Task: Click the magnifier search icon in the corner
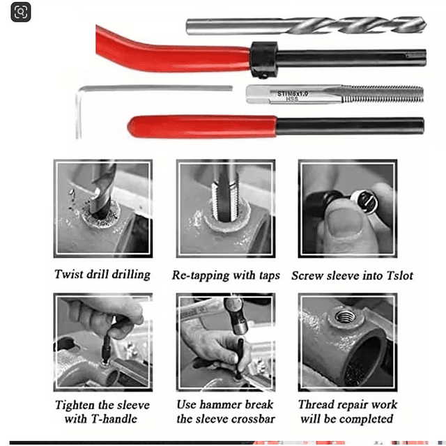[x=21, y=12]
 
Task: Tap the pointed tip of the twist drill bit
[x=426, y=25]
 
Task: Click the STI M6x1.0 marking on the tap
[x=293, y=93]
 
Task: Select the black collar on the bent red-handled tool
[x=263, y=60]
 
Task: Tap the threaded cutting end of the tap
[x=383, y=94]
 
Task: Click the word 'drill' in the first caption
[x=98, y=275]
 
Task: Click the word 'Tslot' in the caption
[x=399, y=275]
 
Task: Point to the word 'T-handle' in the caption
[x=114, y=419]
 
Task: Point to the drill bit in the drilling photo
[x=102, y=190]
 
